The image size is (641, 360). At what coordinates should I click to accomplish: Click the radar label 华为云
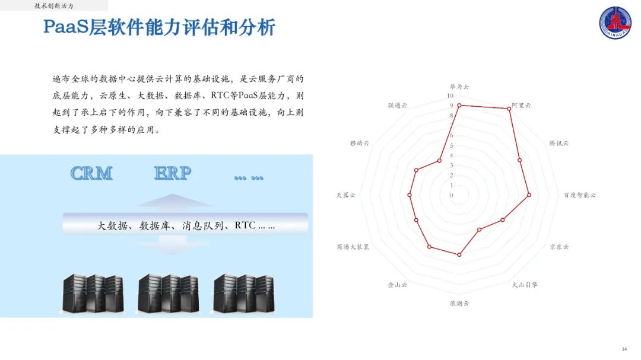[459, 87]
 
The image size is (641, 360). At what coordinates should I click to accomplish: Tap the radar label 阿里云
[521, 105]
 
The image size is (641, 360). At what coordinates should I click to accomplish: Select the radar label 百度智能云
[579, 195]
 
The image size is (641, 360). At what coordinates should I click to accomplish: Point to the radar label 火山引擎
[525, 285]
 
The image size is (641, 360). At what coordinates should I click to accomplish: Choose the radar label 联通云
[398, 105]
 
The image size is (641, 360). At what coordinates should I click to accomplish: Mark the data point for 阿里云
[510, 109]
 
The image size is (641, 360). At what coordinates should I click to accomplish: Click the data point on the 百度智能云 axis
[529, 195]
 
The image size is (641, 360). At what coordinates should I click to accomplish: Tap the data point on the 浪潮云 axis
[459, 254]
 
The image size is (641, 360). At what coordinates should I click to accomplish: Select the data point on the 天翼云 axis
[410, 195]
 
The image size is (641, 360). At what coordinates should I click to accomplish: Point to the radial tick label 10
[450, 96]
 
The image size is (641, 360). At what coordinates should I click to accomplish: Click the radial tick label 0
[452, 195]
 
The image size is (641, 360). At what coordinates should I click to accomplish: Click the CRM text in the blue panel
[91, 173]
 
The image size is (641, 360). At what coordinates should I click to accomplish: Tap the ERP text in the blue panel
[173, 173]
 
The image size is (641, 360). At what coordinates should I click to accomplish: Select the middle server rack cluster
[168, 294]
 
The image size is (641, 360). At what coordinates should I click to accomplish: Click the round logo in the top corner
[617, 24]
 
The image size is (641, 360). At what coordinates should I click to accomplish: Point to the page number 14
[624, 349]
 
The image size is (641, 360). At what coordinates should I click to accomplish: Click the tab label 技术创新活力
[54, 5]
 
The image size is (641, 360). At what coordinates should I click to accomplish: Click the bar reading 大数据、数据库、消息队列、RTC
[185, 225]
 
